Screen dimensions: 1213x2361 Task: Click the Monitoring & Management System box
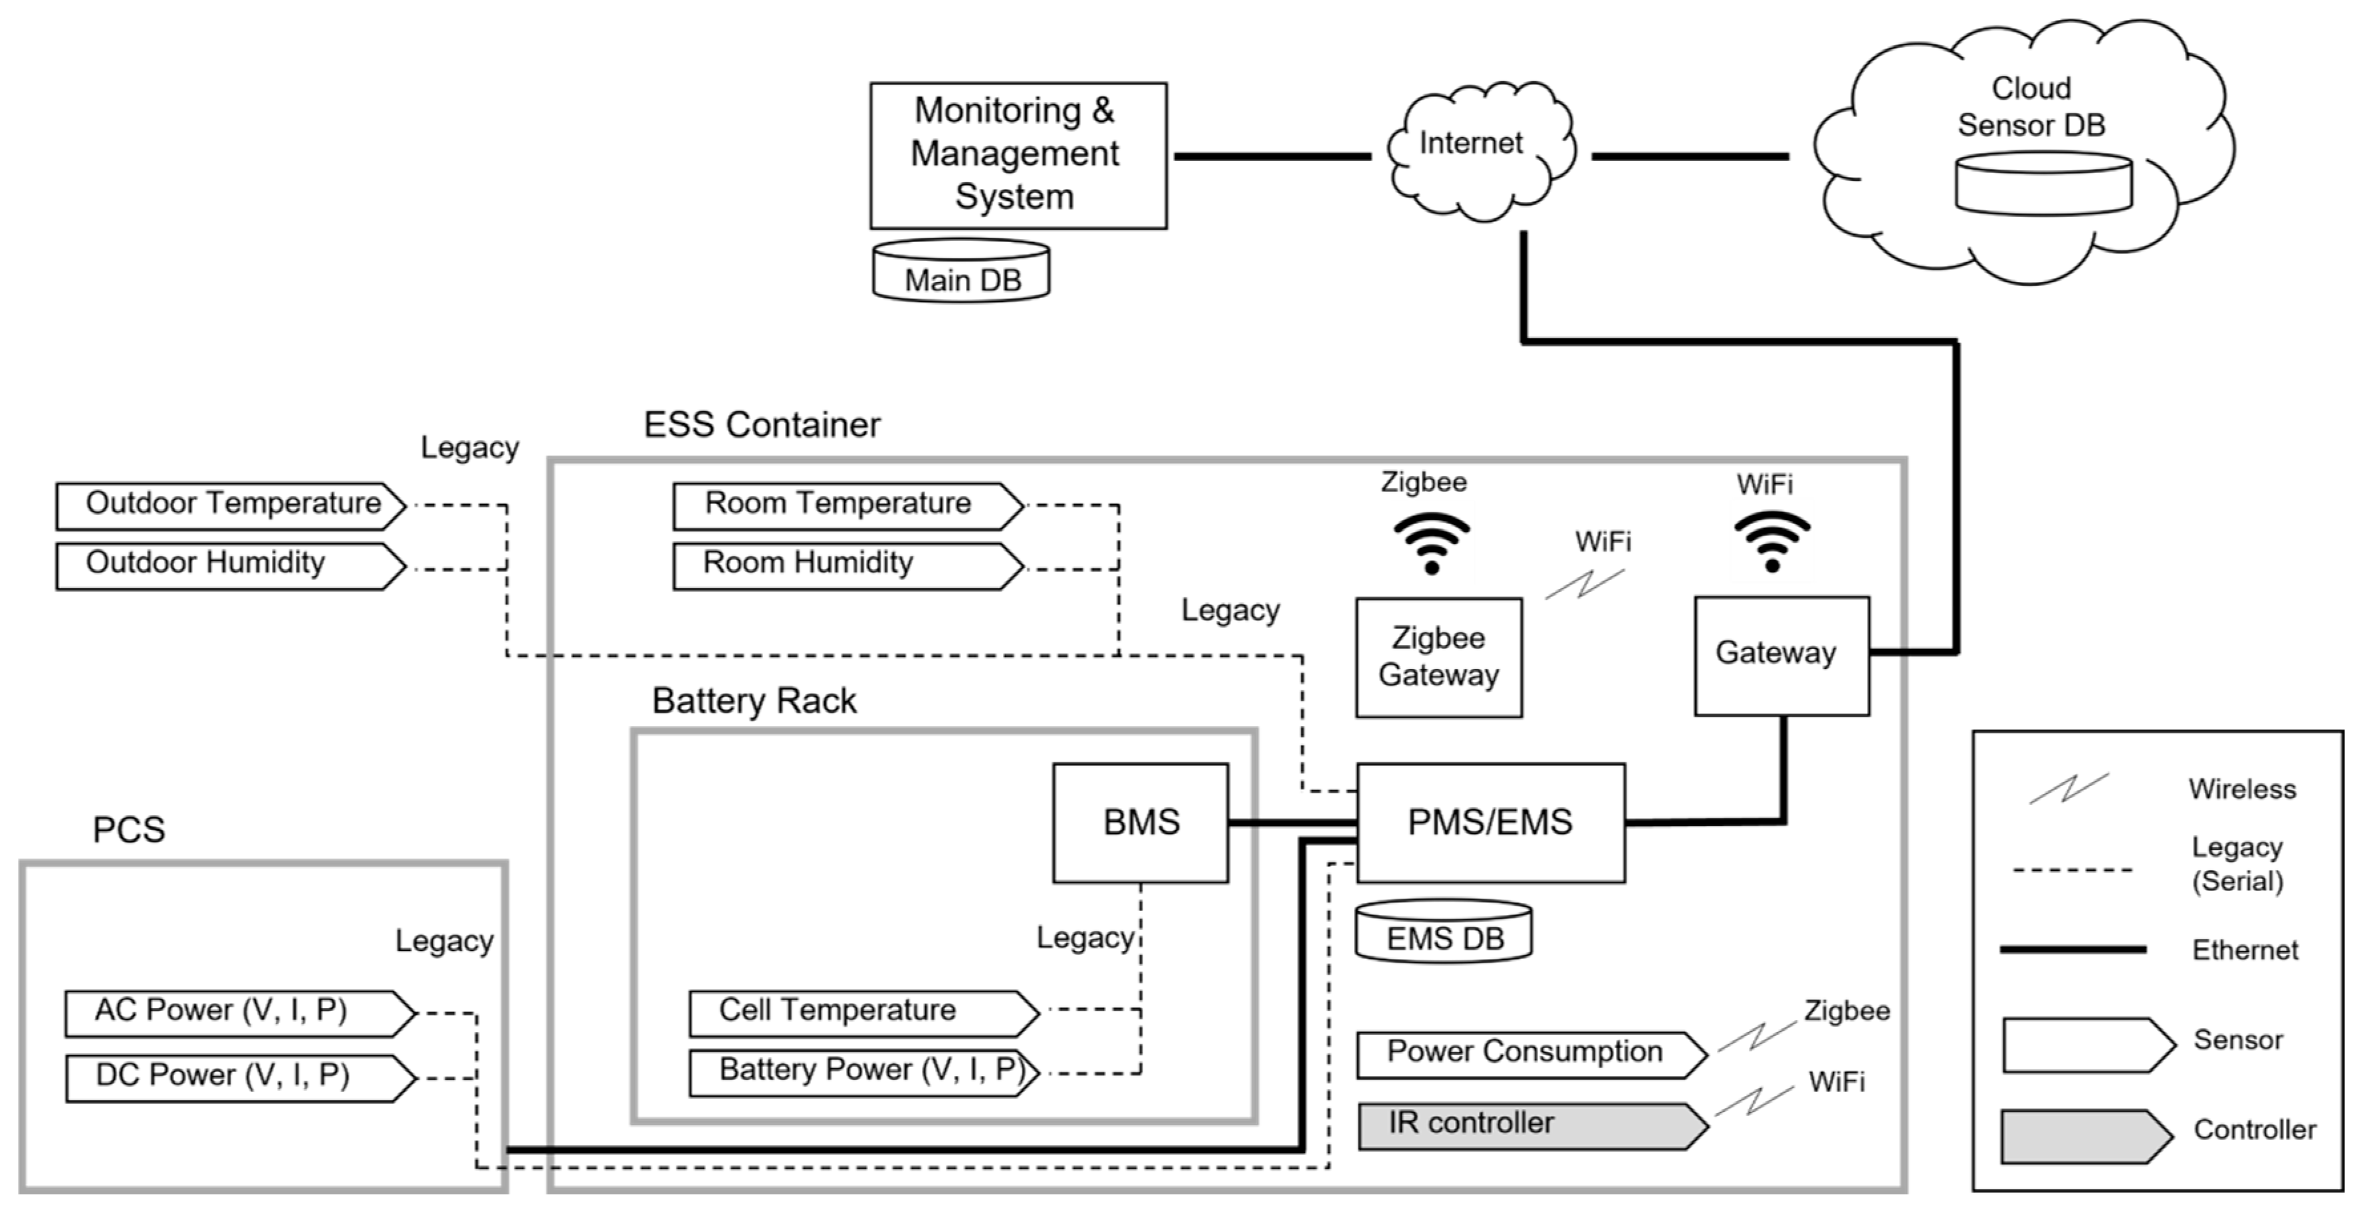pos(1018,155)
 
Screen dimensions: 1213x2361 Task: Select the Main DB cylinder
pos(960,272)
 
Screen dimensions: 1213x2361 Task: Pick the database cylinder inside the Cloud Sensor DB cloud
pos(2043,185)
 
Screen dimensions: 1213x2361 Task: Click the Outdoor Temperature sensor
pos(229,505)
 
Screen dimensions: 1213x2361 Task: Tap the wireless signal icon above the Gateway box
pos(1771,541)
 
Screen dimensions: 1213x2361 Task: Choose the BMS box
pos(1140,823)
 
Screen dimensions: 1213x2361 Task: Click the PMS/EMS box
pos(1490,823)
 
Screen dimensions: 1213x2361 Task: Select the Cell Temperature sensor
pos(861,1012)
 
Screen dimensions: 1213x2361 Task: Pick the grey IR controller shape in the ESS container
pos(1531,1126)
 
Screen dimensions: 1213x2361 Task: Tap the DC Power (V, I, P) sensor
pos(239,1077)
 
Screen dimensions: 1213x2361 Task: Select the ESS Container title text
pos(762,426)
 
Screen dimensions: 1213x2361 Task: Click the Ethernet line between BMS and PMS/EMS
pos(1292,823)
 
